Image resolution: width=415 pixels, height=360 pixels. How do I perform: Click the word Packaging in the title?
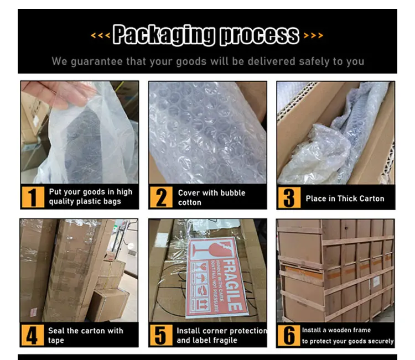pyautogui.click(x=164, y=35)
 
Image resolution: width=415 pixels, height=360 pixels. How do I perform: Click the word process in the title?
pyautogui.click(x=260, y=35)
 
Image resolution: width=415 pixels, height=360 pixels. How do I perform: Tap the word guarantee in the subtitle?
pyautogui.click(x=97, y=61)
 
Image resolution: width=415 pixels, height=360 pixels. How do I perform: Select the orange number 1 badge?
pyautogui.click(x=33, y=197)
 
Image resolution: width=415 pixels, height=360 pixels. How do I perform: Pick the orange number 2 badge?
pyautogui.click(x=161, y=197)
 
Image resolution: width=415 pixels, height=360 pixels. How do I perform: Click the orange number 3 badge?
pyautogui.click(x=289, y=198)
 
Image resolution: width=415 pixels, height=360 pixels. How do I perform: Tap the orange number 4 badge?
pyautogui.click(x=32, y=335)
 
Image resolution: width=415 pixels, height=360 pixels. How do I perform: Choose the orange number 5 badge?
pyautogui.click(x=161, y=336)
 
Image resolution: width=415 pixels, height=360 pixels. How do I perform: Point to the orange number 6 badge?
pyautogui.click(x=289, y=336)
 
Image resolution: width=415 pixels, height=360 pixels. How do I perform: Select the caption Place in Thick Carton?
pyautogui.click(x=345, y=199)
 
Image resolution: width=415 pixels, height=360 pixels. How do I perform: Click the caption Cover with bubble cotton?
pyautogui.click(x=211, y=197)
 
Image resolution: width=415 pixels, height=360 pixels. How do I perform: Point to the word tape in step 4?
pyautogui.click(x=56, y=341)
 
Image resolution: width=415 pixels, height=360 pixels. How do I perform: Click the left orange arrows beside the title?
pyautogui.click(x=100, y=35)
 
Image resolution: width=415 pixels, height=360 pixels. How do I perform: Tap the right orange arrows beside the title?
pyautogui.click(x=313, y=35)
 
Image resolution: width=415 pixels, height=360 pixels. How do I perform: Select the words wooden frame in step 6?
pyautogui.click(x=349, y=330)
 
